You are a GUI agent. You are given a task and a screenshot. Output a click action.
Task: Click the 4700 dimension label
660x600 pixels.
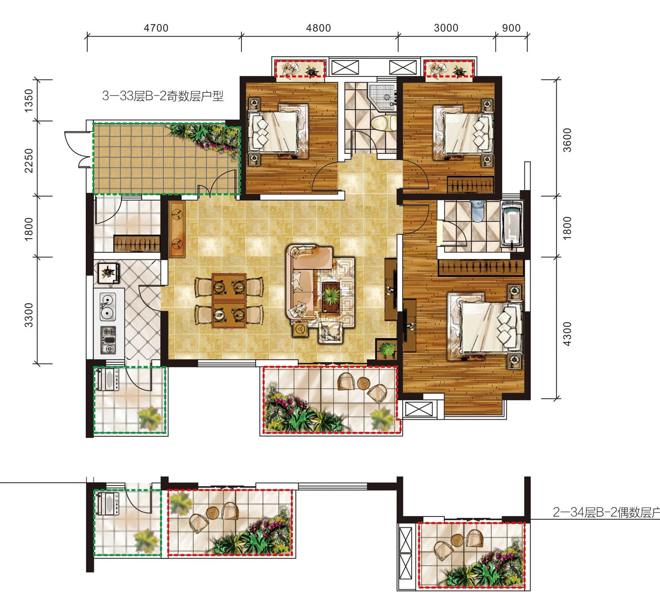point(156,28)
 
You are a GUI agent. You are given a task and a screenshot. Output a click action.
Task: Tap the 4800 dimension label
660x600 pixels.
point(318,28)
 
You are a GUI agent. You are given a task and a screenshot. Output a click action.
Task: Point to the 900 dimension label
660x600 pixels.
point(511,28)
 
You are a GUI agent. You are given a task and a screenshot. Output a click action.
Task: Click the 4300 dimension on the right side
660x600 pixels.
point(567,334)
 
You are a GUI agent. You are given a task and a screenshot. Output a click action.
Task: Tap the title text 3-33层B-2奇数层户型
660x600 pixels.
point(163,96)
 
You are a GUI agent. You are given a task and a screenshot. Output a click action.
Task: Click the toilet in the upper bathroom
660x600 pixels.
point(384,123)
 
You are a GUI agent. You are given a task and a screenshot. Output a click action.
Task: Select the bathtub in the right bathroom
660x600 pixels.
point(512,225)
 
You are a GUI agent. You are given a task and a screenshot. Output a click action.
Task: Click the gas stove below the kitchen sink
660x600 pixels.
point(108,340)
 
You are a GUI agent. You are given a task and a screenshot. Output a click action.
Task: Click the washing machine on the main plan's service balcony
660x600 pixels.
point(108,379)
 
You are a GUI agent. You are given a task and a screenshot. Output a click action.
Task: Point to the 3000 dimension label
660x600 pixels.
point(446,28)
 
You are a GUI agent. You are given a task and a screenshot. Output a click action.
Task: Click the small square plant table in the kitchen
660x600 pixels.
point(108,272)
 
